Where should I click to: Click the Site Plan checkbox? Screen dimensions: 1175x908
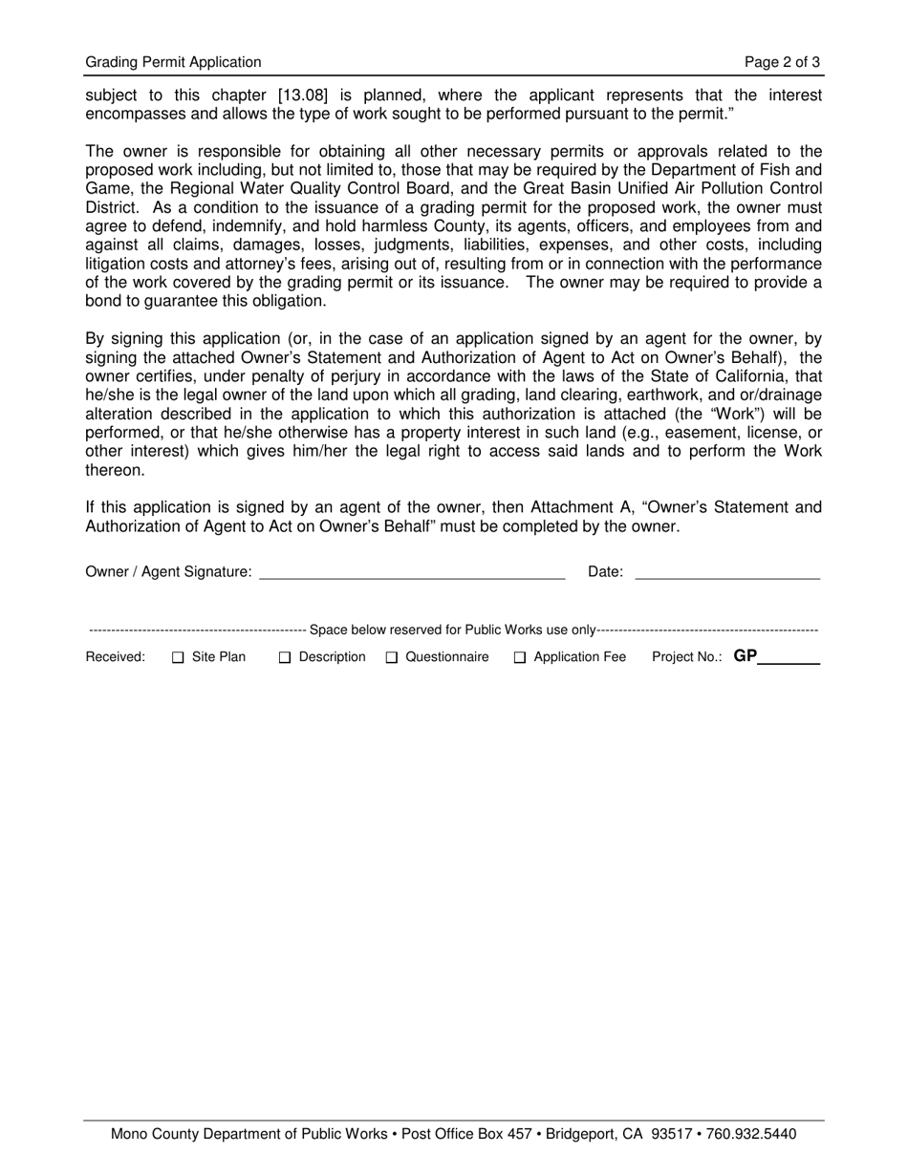[178, 657]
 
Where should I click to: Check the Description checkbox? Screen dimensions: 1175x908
[285, 657]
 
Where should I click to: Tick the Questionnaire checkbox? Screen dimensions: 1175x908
[392, 657]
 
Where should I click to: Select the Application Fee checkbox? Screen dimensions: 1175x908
[520, 657]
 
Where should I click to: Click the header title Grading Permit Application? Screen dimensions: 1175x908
[173, 62]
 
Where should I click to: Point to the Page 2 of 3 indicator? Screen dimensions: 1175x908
[782, 62]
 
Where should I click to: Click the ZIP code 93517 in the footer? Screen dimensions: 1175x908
[670, 1135]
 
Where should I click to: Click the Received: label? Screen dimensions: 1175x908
[116, 657]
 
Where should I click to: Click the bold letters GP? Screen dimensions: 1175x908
[746, 656]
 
